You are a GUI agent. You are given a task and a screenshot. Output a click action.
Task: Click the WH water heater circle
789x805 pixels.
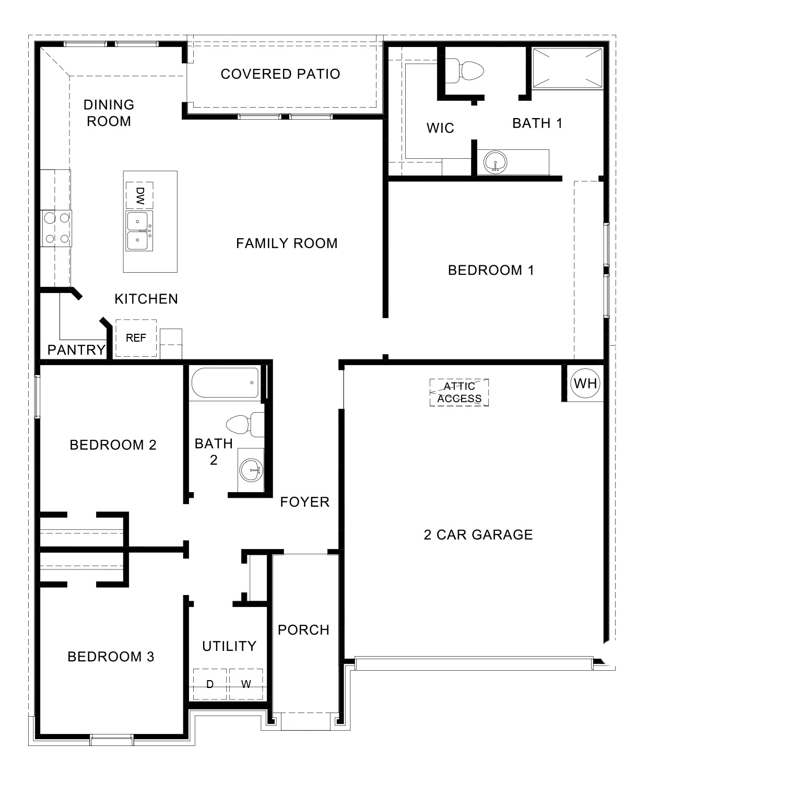point(585,383)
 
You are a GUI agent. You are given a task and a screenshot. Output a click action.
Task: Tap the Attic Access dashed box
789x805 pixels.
point(459,392)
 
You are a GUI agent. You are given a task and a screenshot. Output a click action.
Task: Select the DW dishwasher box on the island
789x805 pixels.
point(139,195)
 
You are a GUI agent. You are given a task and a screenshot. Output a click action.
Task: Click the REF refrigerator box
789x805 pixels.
point(136,338)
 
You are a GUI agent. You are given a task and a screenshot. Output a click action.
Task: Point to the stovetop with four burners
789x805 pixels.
point(57,228)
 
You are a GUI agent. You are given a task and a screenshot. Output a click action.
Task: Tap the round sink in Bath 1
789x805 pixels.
point(494,162)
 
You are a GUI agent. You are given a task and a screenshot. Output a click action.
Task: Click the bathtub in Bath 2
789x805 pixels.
point(225,383)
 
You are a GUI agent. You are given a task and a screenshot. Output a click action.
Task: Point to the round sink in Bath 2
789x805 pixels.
point(251,470)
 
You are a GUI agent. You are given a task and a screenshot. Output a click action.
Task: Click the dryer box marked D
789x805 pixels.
point(210,684)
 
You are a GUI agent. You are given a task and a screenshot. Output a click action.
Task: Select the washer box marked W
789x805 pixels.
point(246,684)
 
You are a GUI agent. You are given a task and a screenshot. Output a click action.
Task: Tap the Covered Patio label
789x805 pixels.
point(280,74)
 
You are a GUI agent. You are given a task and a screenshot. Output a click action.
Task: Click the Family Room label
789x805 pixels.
point(287,243)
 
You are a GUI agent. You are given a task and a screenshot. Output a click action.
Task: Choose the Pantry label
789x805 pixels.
point(76,350)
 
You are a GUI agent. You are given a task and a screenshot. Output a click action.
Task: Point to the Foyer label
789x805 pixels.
point(304,502)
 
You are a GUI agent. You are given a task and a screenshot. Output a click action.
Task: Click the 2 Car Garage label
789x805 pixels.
point(478,534)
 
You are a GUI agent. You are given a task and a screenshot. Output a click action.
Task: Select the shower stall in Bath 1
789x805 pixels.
point(567,67)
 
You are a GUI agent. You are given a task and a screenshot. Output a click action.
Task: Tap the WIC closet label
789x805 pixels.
point(440,128)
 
